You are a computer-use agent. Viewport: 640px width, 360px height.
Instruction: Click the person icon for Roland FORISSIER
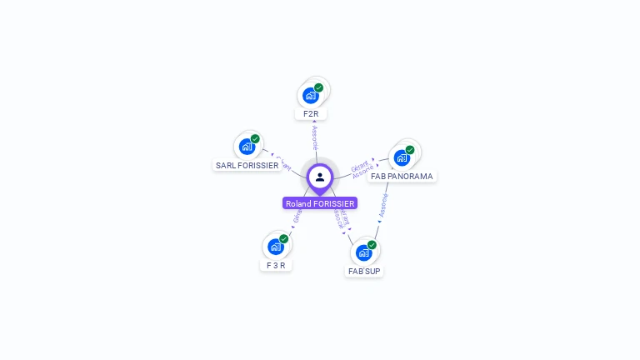(320, 177)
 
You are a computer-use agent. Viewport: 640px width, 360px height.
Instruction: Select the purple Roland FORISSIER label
(320, 203)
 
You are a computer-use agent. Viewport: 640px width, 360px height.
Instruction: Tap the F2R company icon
(311, 95)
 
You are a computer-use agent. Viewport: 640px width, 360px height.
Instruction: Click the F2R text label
(311, 113)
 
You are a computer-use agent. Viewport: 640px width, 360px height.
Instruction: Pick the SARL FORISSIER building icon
(247, 147)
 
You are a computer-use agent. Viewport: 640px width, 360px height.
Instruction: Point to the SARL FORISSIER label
(247, 165)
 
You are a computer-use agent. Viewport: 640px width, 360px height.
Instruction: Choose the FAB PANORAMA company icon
(402, 158)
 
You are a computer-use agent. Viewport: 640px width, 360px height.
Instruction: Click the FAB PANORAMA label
(402, 177)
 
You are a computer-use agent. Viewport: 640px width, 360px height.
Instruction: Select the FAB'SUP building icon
(363, 252)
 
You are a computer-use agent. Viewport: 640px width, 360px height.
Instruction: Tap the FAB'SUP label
(364, 271)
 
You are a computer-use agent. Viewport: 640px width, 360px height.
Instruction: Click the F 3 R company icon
(275, 247)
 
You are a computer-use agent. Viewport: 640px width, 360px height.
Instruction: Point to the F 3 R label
(275, 265)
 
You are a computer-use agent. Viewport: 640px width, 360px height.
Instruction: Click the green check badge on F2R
(318, 87)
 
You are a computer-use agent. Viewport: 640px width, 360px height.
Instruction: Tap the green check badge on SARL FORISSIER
(255, 139)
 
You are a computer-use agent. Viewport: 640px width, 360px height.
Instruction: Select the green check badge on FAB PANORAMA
(410, 150)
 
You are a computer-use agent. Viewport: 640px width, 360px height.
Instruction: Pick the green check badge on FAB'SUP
(372, 245)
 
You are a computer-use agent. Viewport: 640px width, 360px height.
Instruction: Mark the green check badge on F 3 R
(283, 239)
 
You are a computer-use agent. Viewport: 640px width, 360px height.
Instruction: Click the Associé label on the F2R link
(314, 137)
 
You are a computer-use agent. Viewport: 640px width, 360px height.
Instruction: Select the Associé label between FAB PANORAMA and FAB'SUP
(383, 207)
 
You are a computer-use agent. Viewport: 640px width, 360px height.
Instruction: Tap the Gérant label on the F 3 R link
(297, 217)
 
